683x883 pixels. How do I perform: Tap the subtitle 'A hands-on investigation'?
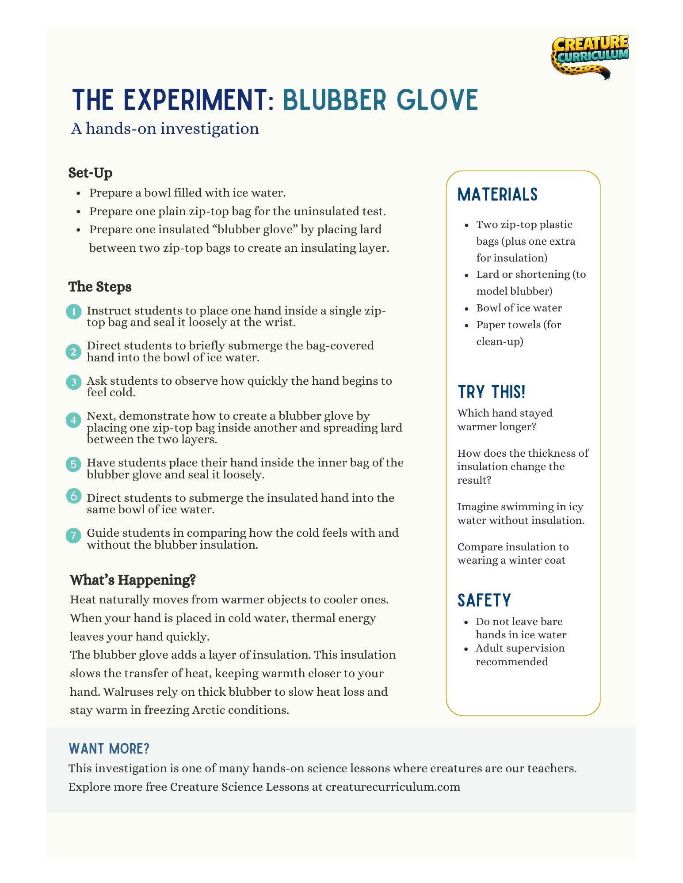(x=165, y=129)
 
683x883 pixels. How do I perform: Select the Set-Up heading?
(x=90, y=173)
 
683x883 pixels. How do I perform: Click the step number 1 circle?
(x=74, y=311)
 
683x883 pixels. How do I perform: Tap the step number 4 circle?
(x=74, y=420)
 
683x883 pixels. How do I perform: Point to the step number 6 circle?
(x=74, y=496)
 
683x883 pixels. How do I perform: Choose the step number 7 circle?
(x=74, y=535)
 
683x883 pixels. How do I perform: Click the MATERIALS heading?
(x=497, y=194)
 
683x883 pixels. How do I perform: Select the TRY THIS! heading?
(x=491, y=392)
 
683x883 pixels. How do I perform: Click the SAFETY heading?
(x=484, y=600)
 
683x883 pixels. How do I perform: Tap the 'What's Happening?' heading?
(x=133, y=580)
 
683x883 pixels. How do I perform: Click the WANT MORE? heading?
(x=109, y=749)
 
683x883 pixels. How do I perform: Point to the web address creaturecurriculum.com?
(x=393, y=787)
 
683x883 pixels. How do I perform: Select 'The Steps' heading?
(x=100, y=287)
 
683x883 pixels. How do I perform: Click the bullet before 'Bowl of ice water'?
(x=467, y=309)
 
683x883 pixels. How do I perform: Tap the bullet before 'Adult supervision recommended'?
(x=466, y=649)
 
